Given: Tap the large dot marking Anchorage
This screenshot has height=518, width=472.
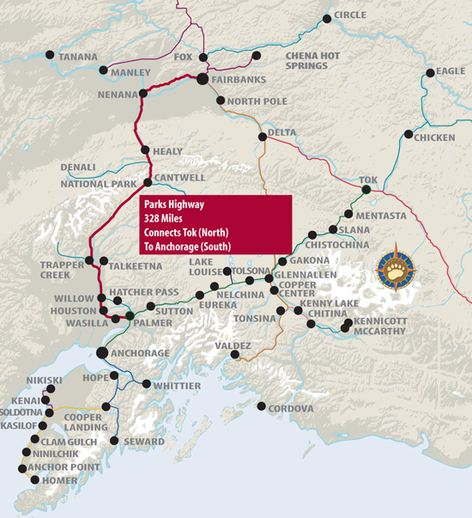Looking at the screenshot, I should click(x=102, y=352).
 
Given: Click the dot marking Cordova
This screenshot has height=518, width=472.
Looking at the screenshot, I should click(x=260, y=405).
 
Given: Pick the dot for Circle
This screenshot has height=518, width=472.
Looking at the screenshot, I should click(x=326, y=17).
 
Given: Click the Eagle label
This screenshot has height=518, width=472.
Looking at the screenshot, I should click(x=451, y=71).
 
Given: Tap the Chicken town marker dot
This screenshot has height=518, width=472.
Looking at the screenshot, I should click(x=408, y=134).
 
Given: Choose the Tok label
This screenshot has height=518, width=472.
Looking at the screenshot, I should click(x=369, y=180).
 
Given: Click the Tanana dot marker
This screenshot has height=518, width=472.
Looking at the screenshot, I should click(x=51, y=56).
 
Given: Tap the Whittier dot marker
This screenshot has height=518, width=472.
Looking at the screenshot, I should click(x=147, y=384).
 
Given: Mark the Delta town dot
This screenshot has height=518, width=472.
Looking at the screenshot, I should click(x=261, y=137).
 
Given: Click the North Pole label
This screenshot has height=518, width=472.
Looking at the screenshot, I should click(x=257, y=101).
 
